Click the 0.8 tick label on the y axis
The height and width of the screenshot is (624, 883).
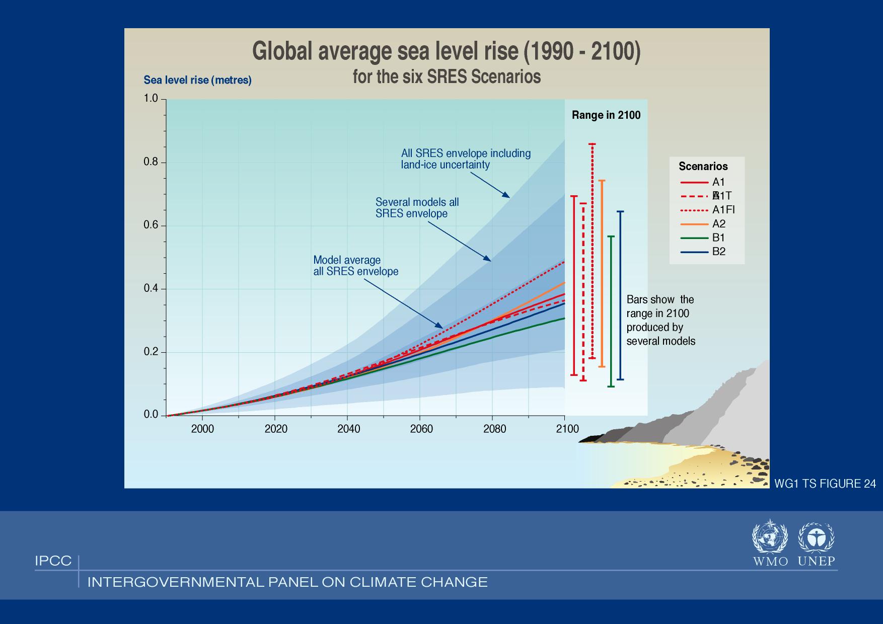[151, 163]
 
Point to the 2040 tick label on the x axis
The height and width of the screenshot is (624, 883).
[349, 429]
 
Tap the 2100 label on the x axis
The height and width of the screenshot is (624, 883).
[567, 429]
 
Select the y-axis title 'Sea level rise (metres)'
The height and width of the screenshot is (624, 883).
[197, 80]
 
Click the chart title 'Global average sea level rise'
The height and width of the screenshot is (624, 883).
[446, 51]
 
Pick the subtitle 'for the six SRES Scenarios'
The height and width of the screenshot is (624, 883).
[447, 76]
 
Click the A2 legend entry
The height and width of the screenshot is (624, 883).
[718, 224]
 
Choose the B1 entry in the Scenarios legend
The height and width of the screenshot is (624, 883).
[718, 238]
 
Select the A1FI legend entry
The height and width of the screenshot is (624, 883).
[723, 210]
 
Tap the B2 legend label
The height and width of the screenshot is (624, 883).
[718, 252]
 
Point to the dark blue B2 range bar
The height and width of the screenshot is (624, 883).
[620, 295]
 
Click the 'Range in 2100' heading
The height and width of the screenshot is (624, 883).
[606, 115]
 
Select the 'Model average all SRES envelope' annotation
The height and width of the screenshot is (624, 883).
[355, 266]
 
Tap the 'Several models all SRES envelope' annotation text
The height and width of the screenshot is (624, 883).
[417, 208]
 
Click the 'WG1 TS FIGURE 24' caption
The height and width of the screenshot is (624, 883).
[825, 484]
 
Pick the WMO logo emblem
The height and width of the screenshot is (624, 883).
[770, 538]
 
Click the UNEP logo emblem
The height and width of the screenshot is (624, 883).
[816, 538]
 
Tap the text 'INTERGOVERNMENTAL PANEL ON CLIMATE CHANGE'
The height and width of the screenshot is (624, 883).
[287, 582]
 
